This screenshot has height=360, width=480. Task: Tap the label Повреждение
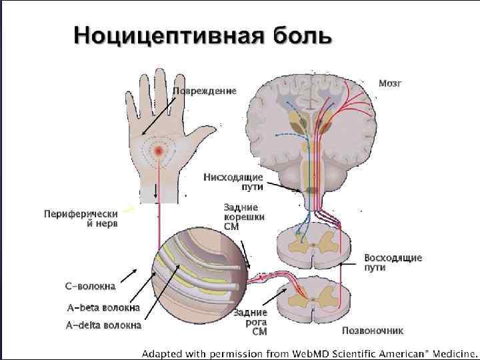point(205,91)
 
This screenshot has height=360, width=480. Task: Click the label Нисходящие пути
point(233,181)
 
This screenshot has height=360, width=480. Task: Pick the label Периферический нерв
point(81,218)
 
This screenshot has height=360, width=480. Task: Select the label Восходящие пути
point(393,262)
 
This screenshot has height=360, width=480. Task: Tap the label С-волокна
point(90,287)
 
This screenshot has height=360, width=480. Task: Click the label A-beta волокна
point(103,307)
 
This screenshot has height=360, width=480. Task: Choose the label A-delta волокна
point(103,325)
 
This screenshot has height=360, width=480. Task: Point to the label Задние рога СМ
point(251,321)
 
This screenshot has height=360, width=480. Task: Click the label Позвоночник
point(372,331)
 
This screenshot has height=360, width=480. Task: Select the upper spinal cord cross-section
point(312,245)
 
